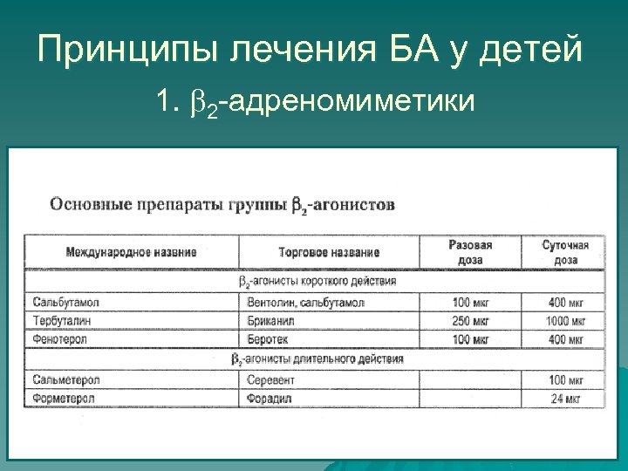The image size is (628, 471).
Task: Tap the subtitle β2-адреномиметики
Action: click(331, 103)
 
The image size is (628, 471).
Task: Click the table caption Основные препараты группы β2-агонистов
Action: click(222, 204)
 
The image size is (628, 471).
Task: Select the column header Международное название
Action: click(131, 252)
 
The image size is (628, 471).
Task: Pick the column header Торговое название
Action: click(329, 252)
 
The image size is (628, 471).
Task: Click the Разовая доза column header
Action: click(470, 252)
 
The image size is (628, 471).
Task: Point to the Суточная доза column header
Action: click(565, 252)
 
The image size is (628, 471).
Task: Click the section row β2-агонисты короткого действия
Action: click(317, 282)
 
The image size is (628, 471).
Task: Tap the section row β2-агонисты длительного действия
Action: click(317, 358)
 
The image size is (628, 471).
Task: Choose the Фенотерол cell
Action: click(60, 338)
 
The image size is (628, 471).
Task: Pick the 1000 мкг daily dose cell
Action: click(565, 320)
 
